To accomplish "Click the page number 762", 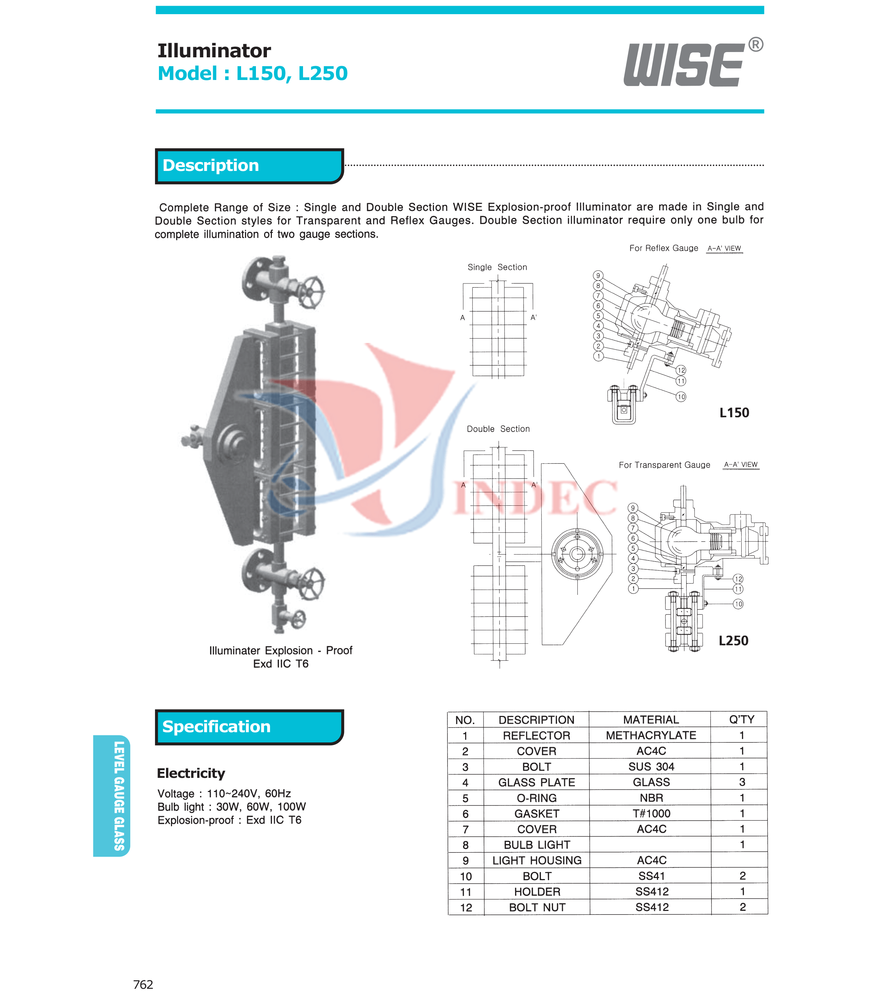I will (143, 984).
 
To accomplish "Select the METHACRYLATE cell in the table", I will (651, 735).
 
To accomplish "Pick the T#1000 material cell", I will (651, 813).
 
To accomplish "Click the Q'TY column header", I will (741, 719).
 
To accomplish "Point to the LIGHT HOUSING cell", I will (537, 860).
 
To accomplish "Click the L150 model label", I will (734, 413).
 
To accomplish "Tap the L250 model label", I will (733, 641).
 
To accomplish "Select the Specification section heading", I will (216, 727).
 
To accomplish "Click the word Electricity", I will (191, 773).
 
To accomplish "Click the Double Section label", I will (498, 429).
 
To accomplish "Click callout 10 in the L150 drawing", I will (681, 396).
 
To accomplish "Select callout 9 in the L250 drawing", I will (633, 508).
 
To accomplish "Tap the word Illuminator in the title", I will (214, 51).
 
